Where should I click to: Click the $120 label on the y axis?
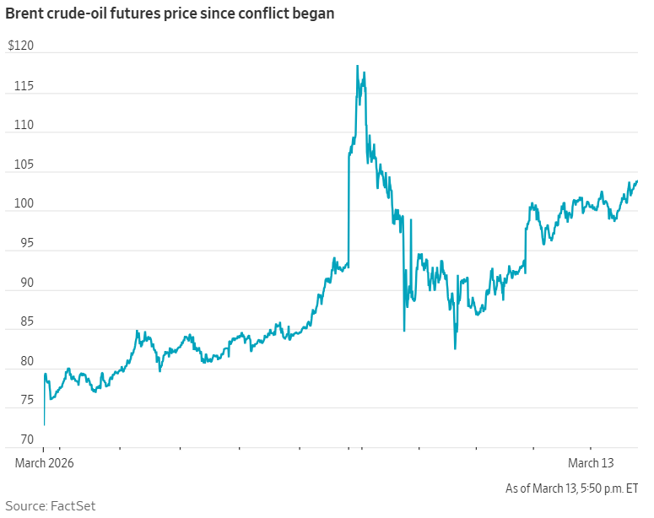[20, 46]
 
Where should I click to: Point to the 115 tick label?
[16, 85]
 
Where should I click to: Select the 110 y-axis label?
[16, 125]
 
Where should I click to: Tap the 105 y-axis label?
[16, 165]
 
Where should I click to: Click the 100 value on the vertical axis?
[16, 203]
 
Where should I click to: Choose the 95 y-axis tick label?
[18, 243]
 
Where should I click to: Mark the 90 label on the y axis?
[18, 283]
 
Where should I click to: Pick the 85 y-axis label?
[18, 321]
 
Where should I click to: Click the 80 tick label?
[18, 361]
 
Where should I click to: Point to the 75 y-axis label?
[18, 401]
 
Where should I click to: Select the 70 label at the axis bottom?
[18, 440]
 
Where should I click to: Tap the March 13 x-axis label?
[591, 463]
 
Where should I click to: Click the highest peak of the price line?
[357, 66]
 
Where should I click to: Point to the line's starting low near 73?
[44, 424]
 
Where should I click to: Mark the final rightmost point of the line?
[637, 181]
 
